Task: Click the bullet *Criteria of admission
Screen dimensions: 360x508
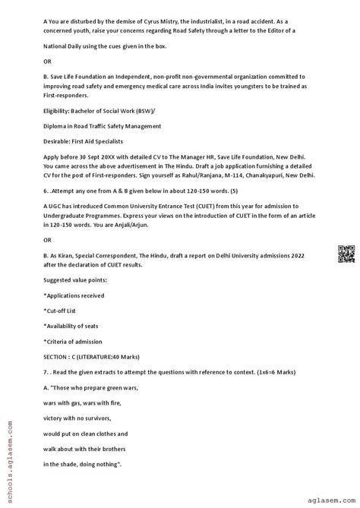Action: click(x=74, y=342)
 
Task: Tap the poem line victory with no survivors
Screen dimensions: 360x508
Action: click(x=77, y=418)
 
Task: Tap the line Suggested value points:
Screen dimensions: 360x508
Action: click(x=75, y=279)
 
